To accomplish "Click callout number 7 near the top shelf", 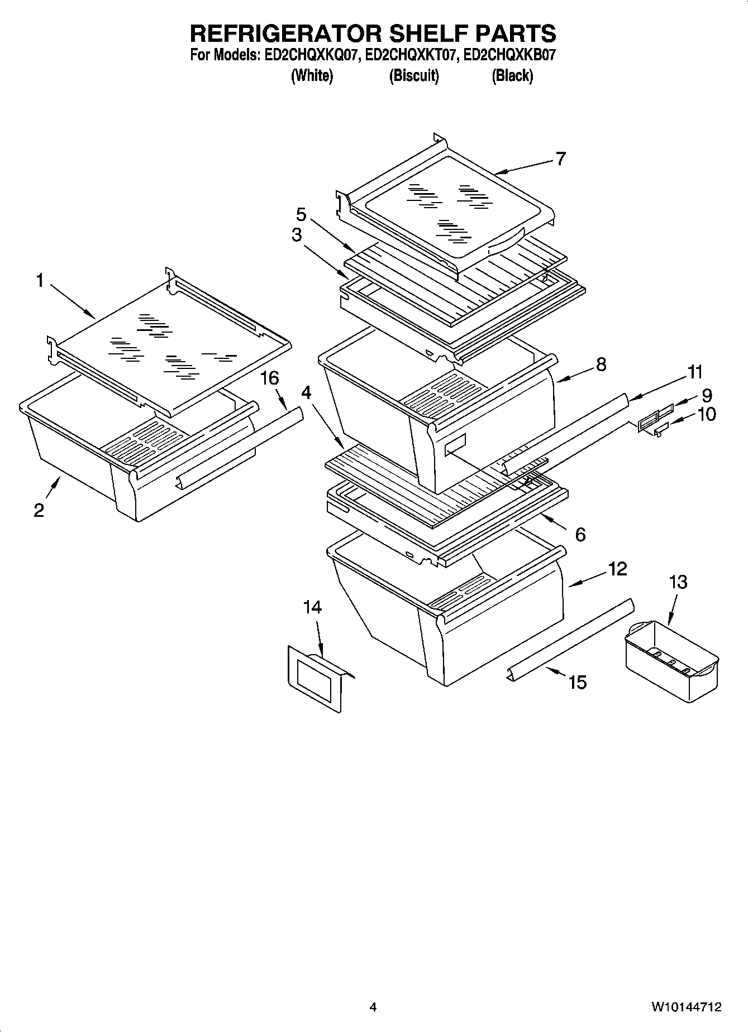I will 560,159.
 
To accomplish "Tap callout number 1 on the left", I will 40,281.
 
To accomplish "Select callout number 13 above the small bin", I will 678,582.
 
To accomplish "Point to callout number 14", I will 313,607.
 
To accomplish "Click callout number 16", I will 269,378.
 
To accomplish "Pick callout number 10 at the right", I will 707,414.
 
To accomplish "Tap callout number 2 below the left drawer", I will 39,510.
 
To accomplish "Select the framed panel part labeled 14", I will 313,678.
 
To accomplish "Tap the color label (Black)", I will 512,75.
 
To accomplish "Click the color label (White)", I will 312,75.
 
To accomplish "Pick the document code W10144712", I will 686,1007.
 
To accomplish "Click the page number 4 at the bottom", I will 373,1007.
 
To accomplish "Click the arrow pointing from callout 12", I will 587,580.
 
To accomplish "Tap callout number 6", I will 580,535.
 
